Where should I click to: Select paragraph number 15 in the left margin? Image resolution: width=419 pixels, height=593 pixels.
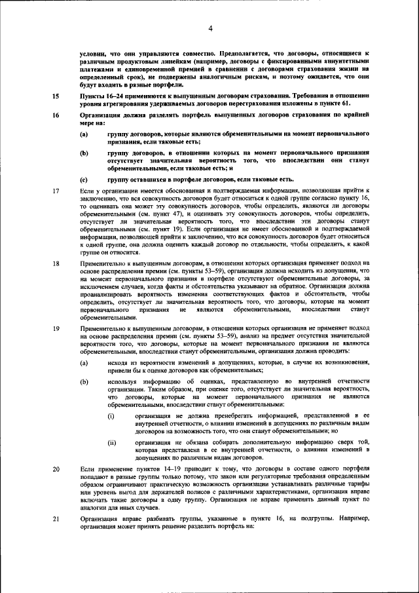(56, 96)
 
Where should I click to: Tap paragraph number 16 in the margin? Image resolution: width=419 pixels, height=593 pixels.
(56, 115)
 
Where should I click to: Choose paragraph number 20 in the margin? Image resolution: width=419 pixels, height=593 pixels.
(56, 470)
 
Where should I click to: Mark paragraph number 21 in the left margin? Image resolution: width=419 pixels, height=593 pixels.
(56, 518)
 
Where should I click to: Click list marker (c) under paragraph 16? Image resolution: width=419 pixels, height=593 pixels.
(84, 179)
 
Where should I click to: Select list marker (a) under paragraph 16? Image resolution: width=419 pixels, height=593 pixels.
(84, 134)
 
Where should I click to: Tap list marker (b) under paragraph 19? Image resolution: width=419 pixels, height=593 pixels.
(84, 380)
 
